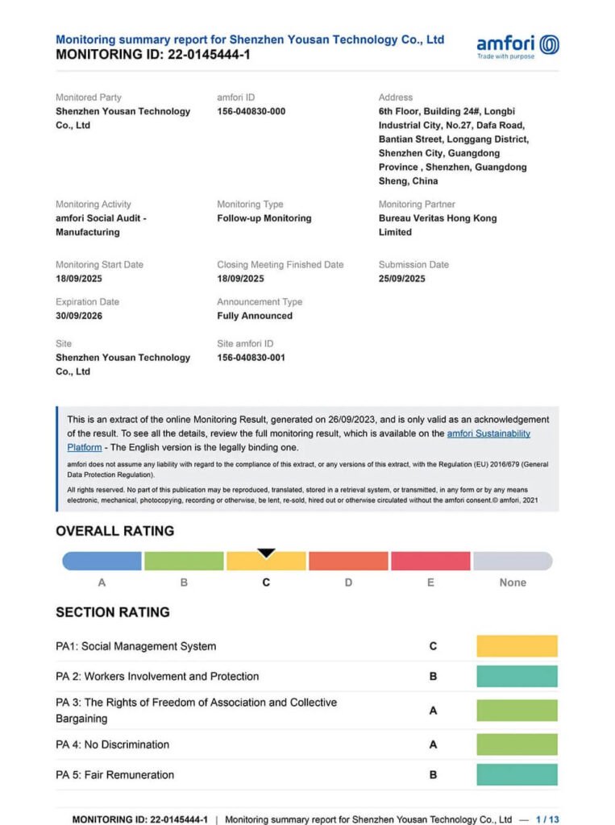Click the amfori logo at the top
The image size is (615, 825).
(517, 46)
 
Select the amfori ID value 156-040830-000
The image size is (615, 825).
(251, 111)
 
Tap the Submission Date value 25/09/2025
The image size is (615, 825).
(401, 279)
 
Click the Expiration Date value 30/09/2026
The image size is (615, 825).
(79, 316)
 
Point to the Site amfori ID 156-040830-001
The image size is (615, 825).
(251, 358)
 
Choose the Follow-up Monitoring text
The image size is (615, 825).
(264, 218)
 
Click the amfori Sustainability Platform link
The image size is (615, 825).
(488, 433)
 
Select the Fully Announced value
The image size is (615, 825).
(255, 316)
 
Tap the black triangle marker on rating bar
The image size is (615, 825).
(266, 553)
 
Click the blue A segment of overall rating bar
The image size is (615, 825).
(102, 561)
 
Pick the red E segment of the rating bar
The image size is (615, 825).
(430, 561)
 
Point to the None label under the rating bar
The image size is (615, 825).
(513, 582)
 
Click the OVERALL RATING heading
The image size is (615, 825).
(114, 531)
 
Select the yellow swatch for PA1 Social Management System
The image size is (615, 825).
(517, 646)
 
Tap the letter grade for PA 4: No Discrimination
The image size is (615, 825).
(433, 744)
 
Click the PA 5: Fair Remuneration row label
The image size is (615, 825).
(114, 775)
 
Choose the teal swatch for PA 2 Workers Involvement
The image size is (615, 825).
(517, 676)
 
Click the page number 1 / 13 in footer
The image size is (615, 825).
(547, 819)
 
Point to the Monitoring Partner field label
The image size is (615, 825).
(416, 205)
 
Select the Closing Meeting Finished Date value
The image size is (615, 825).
(240, 279)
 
